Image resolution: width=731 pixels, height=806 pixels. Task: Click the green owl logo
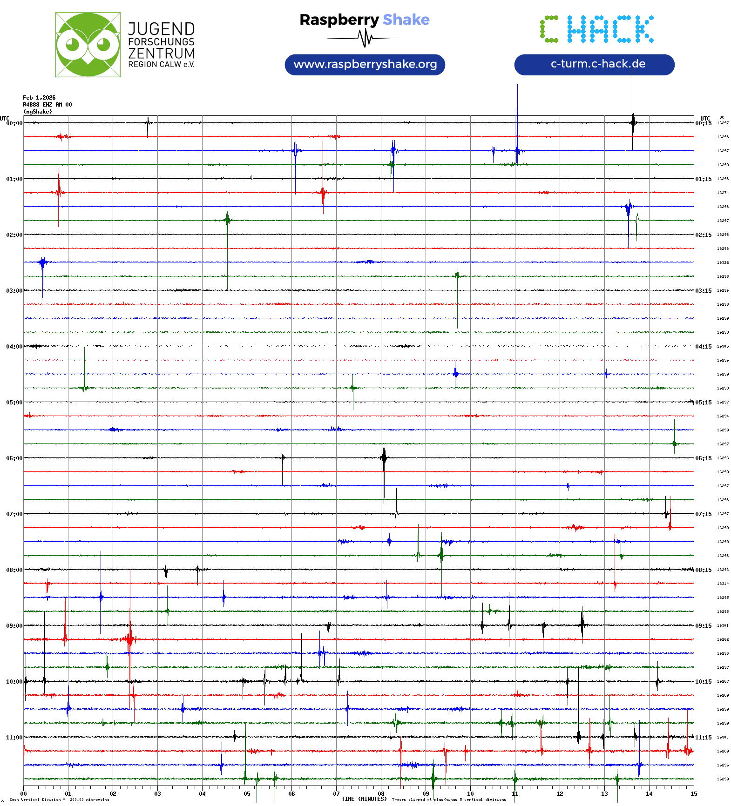[88, 45]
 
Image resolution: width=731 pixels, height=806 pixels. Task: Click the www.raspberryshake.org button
[365, 64]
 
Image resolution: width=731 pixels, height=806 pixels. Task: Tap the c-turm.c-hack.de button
[594, 64]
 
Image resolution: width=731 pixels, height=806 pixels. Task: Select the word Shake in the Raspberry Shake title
[406, 20]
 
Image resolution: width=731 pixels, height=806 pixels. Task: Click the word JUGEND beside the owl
[161, 29]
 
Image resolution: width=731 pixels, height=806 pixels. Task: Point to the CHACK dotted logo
[596, 29]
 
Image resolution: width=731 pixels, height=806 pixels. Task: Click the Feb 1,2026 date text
[39, 98]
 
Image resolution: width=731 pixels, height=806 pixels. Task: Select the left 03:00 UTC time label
[14, 290]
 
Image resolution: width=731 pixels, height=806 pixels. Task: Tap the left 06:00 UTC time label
[14, 458]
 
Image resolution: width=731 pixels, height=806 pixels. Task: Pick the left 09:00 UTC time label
[14, 625]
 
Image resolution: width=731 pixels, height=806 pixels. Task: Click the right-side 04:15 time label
[703, 346]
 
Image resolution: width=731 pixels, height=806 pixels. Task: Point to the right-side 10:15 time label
[703, 681]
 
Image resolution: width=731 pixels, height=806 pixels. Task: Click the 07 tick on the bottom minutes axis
[336, 793]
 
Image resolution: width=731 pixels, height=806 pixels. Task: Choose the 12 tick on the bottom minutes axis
[560, 793]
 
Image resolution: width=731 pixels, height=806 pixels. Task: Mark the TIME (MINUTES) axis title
[364, 799]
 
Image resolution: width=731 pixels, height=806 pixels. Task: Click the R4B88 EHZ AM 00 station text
[47, 105]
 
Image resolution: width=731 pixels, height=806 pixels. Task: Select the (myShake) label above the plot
[38, 112]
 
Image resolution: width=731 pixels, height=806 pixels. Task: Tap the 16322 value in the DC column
[723, 262]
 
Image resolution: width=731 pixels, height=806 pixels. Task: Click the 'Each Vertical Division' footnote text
[59, 799]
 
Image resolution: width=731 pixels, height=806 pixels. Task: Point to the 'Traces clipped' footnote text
[448, 799]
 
